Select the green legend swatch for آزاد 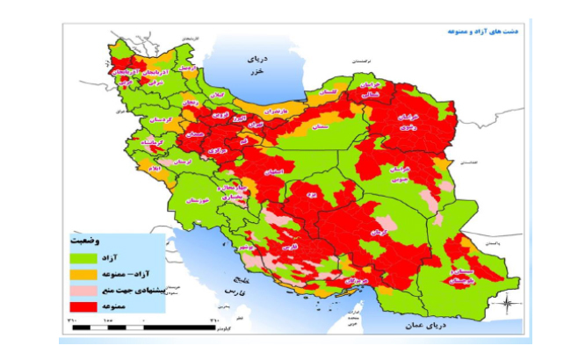[x=83, y=258]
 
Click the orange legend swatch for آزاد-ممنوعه [x=83, y=274]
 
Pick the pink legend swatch [x=83, y=290]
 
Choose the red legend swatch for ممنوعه [x=83, y=306]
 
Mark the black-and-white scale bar [x=141, y=328]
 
